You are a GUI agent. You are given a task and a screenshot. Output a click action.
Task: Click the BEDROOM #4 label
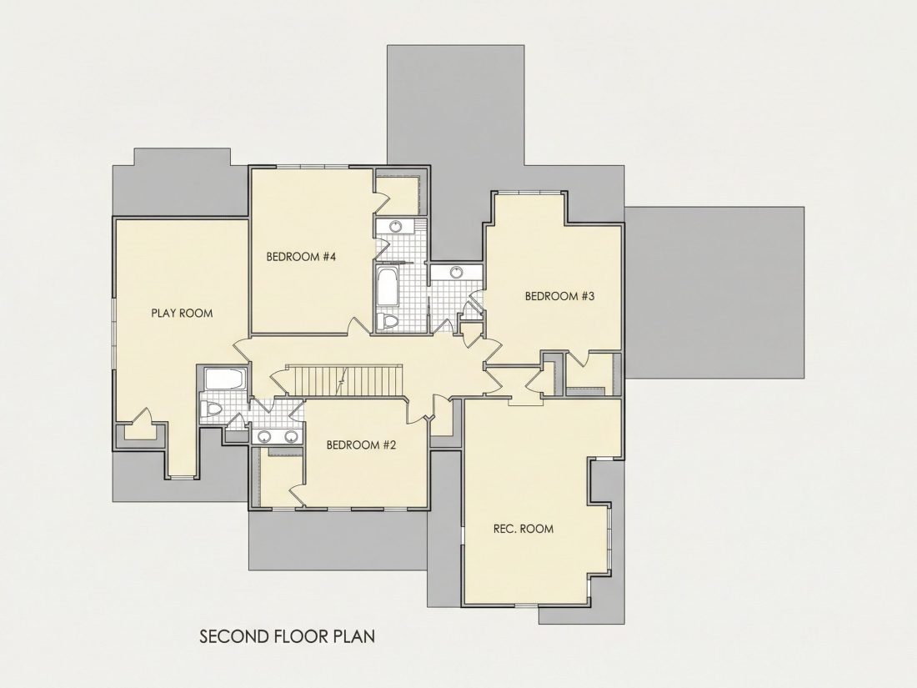click(301, 256)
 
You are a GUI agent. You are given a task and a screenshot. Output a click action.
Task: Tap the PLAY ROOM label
click(182, 313)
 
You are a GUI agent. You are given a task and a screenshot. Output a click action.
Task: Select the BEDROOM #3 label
click(559, 296)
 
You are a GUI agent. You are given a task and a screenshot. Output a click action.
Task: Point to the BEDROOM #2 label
click(362, 445)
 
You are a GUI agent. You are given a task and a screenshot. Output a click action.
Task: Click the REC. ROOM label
click(524, 529)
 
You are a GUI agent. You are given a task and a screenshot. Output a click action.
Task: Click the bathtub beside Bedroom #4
click(388, 287)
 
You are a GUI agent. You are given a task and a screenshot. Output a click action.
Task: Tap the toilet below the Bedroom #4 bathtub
click(388, 321)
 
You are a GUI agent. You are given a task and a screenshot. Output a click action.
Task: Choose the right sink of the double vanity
click(290, 436)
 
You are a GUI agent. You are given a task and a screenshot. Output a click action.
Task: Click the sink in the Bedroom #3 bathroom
click(456, 272)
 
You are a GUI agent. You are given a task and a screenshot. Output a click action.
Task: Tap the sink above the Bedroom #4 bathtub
click(396, 226)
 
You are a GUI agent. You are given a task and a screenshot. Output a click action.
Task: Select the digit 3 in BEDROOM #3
click(591, 296)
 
